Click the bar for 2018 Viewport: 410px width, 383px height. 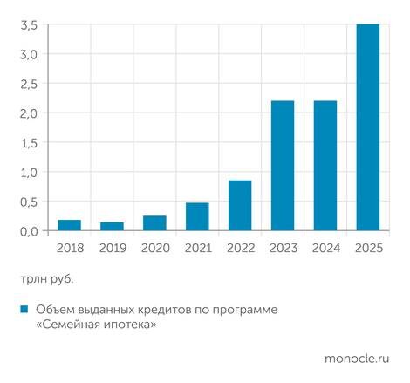tap(69, 225)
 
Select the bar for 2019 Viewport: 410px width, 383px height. tap(112, 226)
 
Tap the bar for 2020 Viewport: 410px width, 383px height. tap(154, 223)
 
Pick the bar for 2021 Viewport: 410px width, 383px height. tap(197, 216)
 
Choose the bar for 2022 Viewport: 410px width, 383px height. tap(240, 206)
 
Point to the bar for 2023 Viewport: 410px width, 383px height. tap(283, 166)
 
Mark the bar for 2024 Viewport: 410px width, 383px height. tap(325, 166)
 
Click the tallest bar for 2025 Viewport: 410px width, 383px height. tap(368, 127)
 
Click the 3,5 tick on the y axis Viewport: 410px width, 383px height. tap(29, 25)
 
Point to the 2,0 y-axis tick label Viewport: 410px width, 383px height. tap(29, 113)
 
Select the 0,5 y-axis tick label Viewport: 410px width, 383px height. tap(29, 202)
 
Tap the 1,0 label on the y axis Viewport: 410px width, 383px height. tap(29, 172)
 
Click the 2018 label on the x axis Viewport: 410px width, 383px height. tap(69, 248)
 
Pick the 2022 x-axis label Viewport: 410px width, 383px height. tap(240, 248)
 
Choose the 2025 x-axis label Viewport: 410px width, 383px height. tap(368, 248)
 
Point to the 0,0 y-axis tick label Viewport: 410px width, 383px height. tap(29, 231)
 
